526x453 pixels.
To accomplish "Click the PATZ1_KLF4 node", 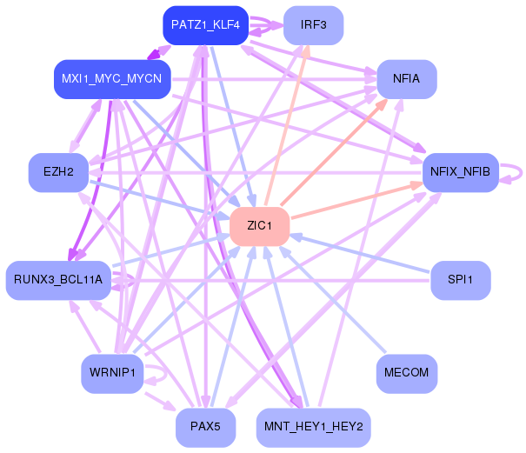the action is [x=206, y=25].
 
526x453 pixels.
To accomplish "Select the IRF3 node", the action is [x=313, y=25].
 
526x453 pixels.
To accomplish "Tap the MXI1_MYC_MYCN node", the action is [x=112, y=79].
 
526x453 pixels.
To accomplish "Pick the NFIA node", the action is [x=407, y=79].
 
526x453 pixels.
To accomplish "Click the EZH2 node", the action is [x=58, y=172].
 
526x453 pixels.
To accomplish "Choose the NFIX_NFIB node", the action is [x=460, y=172].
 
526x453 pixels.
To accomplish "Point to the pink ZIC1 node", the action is [x=259, y=226].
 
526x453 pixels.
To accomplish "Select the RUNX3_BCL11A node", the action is [x=58, y=280].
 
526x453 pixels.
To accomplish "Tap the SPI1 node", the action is [x=460, y=280].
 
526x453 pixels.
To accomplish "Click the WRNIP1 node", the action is [x=112, y=373].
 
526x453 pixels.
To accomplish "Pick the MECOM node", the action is [x=407, y=373].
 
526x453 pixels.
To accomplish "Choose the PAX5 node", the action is [x=206, y=427].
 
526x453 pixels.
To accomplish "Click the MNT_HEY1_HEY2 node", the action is [x=313, y=427].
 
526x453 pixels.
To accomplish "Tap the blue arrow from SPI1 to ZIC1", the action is [x=359, y=253].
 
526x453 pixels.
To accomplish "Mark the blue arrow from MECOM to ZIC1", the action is [x=332, y=300].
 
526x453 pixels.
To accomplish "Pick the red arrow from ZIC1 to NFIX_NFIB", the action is [x=356, y=200].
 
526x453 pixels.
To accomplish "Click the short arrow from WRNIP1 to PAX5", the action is [x=160, y=401].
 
